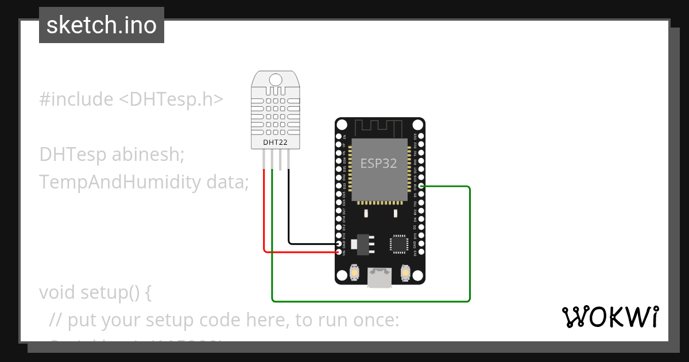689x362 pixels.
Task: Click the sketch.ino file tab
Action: pyautogui.click(x=102, y=25)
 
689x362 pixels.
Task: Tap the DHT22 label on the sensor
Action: pyautogui.click(x=276, y=141)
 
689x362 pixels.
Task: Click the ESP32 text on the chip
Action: pyautogui.click(x=378, y=163)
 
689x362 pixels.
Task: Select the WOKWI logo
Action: pyautogui.click(x=610, y=317)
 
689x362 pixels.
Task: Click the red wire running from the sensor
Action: pyautogui.click(x=264, y=213)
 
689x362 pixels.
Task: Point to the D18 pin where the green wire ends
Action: pyautogui.click(x=421, y=187)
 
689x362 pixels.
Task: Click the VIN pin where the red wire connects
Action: pyautogui.click(x=339, y=252)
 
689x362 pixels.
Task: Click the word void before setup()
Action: pyautogui.click(x=56, y=292)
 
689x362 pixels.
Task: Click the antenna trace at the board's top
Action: pyautogui.click(x=380, y=127)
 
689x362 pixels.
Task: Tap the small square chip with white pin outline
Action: pyautogui.click(x=398, y=243)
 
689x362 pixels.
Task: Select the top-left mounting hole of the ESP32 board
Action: pyautogui.click(x=342, y=125)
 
